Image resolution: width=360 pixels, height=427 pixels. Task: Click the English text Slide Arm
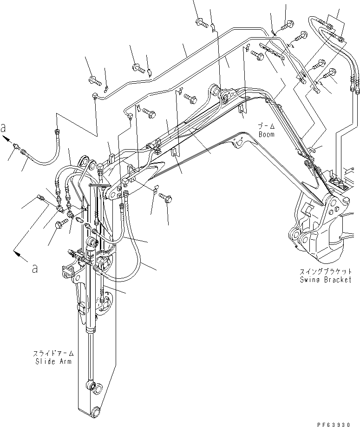[x=54, y=361]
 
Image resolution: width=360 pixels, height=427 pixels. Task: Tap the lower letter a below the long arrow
[x=34, y=269]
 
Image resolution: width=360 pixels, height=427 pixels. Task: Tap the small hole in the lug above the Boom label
[x=240, y=143]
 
